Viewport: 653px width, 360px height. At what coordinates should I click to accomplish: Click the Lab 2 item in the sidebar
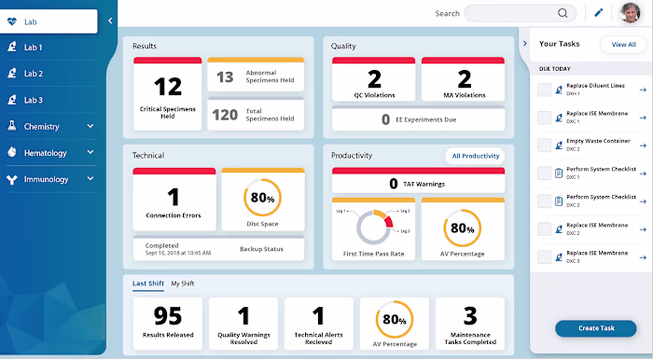(34, 74)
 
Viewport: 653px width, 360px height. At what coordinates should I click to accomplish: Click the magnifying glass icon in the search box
(563, 13)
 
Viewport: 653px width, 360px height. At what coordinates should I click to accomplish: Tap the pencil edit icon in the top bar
(599, 13)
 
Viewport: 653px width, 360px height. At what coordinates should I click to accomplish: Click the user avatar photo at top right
(632, 13)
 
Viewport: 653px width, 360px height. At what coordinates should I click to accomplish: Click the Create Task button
(595, 328)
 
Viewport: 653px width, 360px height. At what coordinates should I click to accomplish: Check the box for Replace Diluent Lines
(544, 90)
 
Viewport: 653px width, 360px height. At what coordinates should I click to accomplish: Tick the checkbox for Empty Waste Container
(544, 145)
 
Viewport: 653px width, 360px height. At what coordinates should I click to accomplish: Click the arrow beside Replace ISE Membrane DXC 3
(643, 255)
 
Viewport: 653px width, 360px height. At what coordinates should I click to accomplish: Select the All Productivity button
(476, 156)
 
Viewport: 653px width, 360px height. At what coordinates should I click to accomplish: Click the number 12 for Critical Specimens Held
(167, 87)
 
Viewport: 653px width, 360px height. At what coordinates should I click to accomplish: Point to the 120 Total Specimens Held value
(225, 115)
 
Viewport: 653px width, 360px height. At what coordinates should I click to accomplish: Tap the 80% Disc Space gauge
(261, 199)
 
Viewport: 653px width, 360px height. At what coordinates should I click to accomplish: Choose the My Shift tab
(182, 283)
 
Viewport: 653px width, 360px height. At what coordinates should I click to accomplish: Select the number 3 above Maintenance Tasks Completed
(470, 315)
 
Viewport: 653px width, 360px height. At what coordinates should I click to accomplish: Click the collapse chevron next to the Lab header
(110, 20)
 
